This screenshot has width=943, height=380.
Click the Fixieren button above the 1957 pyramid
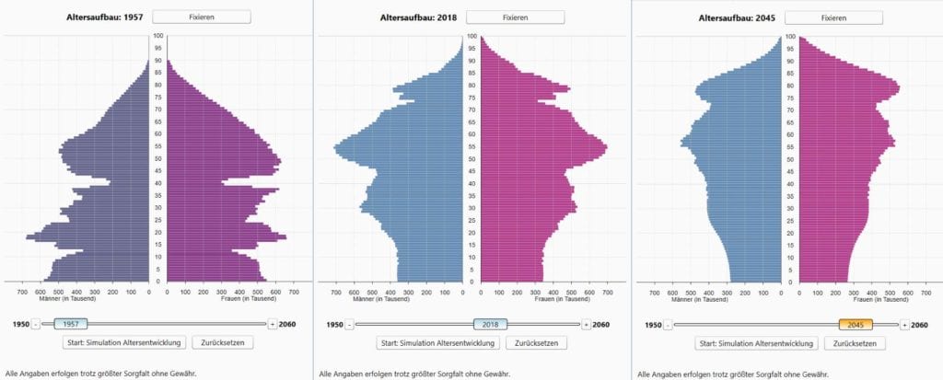pyautogui.click(x=201, y=17)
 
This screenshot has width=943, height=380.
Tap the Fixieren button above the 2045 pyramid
pyautogui.click(x=833, y=17)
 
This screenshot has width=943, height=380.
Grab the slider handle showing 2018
pyautogui.click(x=491, y=324)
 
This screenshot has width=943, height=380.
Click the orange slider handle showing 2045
pyautogui.click(x=856, y=324)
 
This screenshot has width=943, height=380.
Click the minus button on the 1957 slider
pyautogui.click(x=36, y=324)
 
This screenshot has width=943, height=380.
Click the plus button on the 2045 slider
pyautogui.click(x=904, y=324)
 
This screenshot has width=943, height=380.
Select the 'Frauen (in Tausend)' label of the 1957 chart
pyautogui.click(x=249, y=298)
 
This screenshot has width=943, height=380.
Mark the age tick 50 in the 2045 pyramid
pyautogui.click(x=790, y=159)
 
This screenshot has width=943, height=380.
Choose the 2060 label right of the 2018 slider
pyautogui.click(x=600, y=324)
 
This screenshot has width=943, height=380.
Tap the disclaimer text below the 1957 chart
pyautogui.click(x=100, y=374)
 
